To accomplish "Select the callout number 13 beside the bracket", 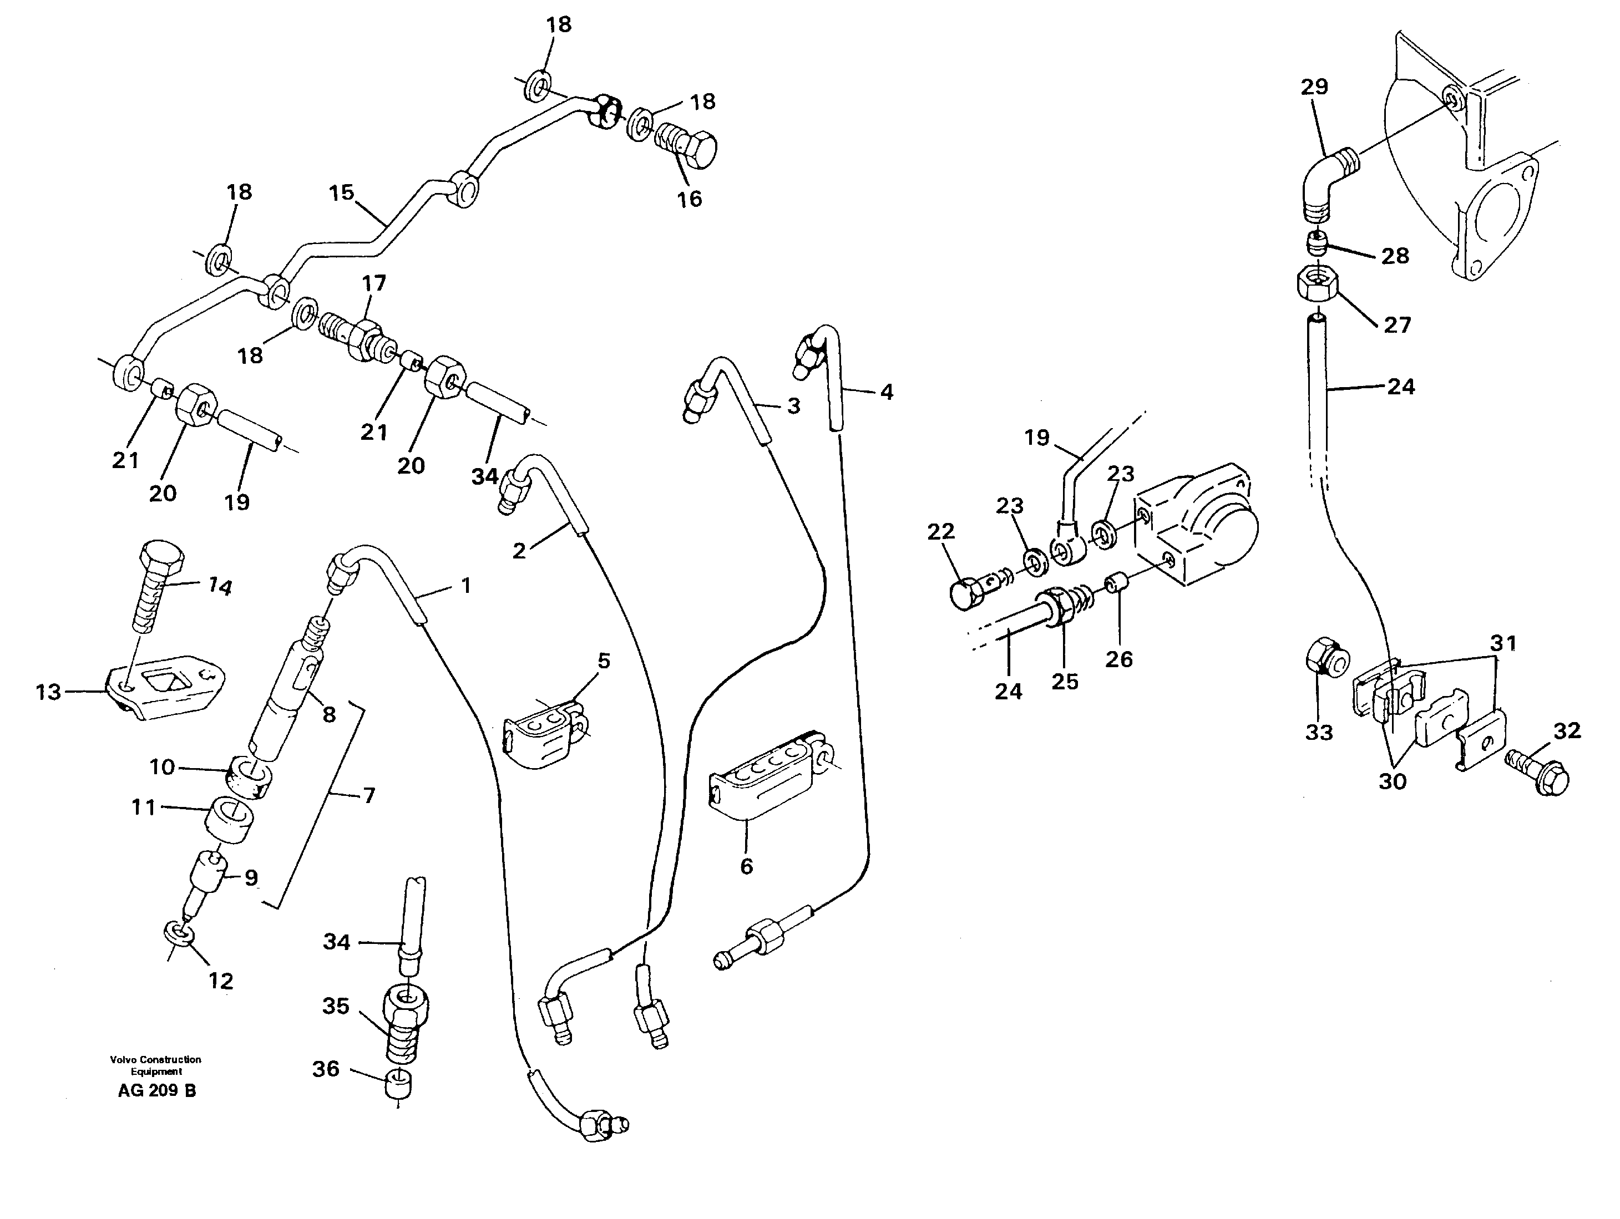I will (48, 692).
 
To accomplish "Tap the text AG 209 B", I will (156, 1090).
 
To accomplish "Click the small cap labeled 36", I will (398, 1083).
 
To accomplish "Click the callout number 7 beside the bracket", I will (369, 795).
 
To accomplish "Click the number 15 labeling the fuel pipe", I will (341, 194).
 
